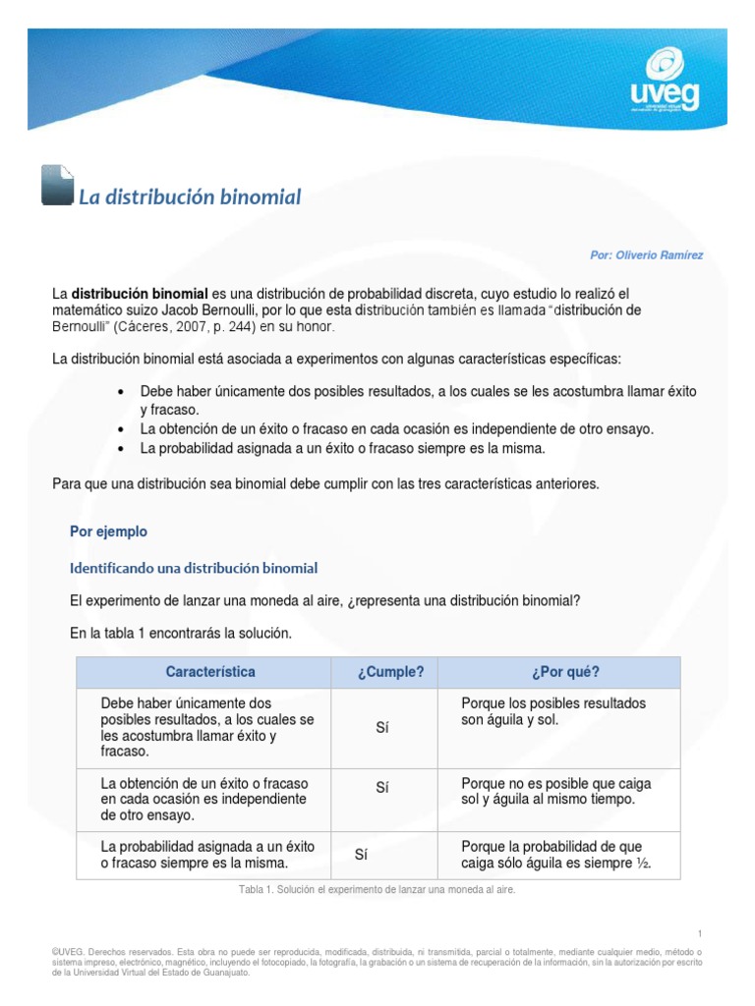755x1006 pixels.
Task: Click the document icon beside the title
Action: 57,185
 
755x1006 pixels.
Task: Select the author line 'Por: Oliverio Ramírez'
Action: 646,255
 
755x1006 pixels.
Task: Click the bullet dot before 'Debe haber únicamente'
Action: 121,391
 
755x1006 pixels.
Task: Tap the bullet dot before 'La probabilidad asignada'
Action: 121,448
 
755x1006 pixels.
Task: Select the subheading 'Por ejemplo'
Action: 108,531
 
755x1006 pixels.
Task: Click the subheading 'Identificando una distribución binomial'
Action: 194,568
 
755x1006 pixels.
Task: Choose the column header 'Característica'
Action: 210,672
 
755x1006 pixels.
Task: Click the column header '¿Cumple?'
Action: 390,672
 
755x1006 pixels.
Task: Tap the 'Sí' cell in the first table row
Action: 383,728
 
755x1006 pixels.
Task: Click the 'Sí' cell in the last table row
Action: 362,855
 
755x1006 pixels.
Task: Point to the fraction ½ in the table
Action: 644,865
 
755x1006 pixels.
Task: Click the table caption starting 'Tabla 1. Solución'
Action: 377,889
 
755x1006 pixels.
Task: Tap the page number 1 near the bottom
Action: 699,933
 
